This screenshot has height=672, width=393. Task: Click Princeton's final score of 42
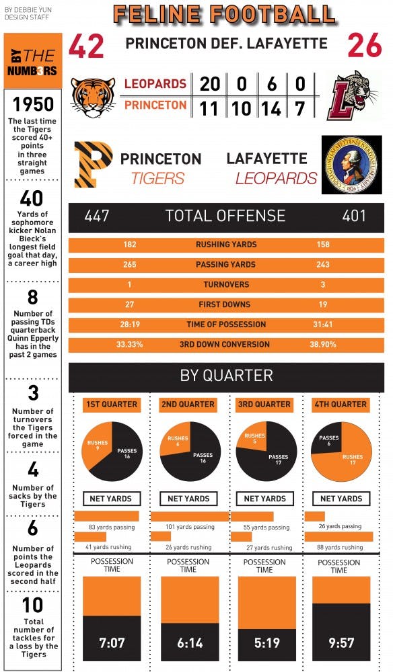click(x=87, y=47)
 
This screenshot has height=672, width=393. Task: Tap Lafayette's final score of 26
click(x=365, y=47)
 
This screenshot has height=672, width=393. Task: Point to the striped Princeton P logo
click(x=92, y=165)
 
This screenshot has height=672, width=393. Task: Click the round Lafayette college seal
click(x=351, y=165)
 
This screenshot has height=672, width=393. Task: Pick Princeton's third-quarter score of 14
click(x=271, y=108)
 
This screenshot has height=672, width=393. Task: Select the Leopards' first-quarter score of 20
click(x=209, y=84)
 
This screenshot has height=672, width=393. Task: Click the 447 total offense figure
click(x=97, y=216)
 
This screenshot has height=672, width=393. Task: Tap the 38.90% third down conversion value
click(x=322, y=345)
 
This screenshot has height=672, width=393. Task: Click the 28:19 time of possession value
click(x=129, y=325)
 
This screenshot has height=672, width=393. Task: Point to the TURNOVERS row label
click(x=226, y=285)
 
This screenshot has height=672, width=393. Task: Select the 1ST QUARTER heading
click(x=112, y=405)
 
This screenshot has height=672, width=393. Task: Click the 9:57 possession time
click(x=341, y=643)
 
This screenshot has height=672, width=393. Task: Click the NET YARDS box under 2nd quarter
click(x=188, y=499)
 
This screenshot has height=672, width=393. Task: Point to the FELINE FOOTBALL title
click(x=225, y=15)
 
